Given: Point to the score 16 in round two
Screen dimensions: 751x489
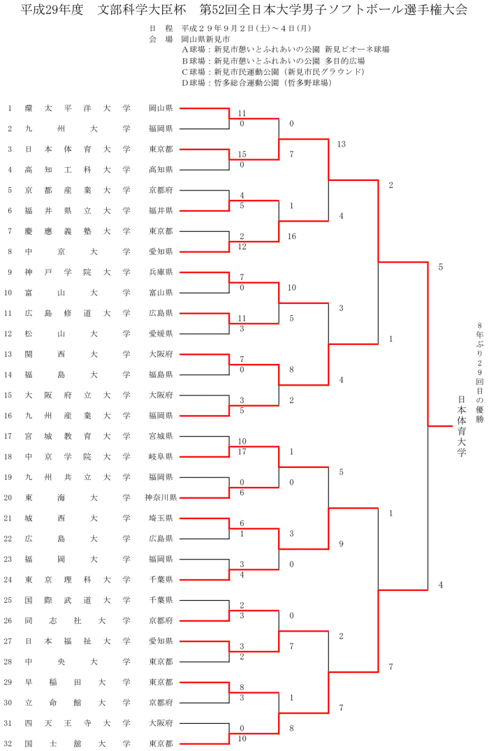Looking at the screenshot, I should tap(291, 237).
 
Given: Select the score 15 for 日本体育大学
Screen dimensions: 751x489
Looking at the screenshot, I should tap(242, 154).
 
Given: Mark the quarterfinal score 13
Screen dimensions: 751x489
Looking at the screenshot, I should tap(341, 145).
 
